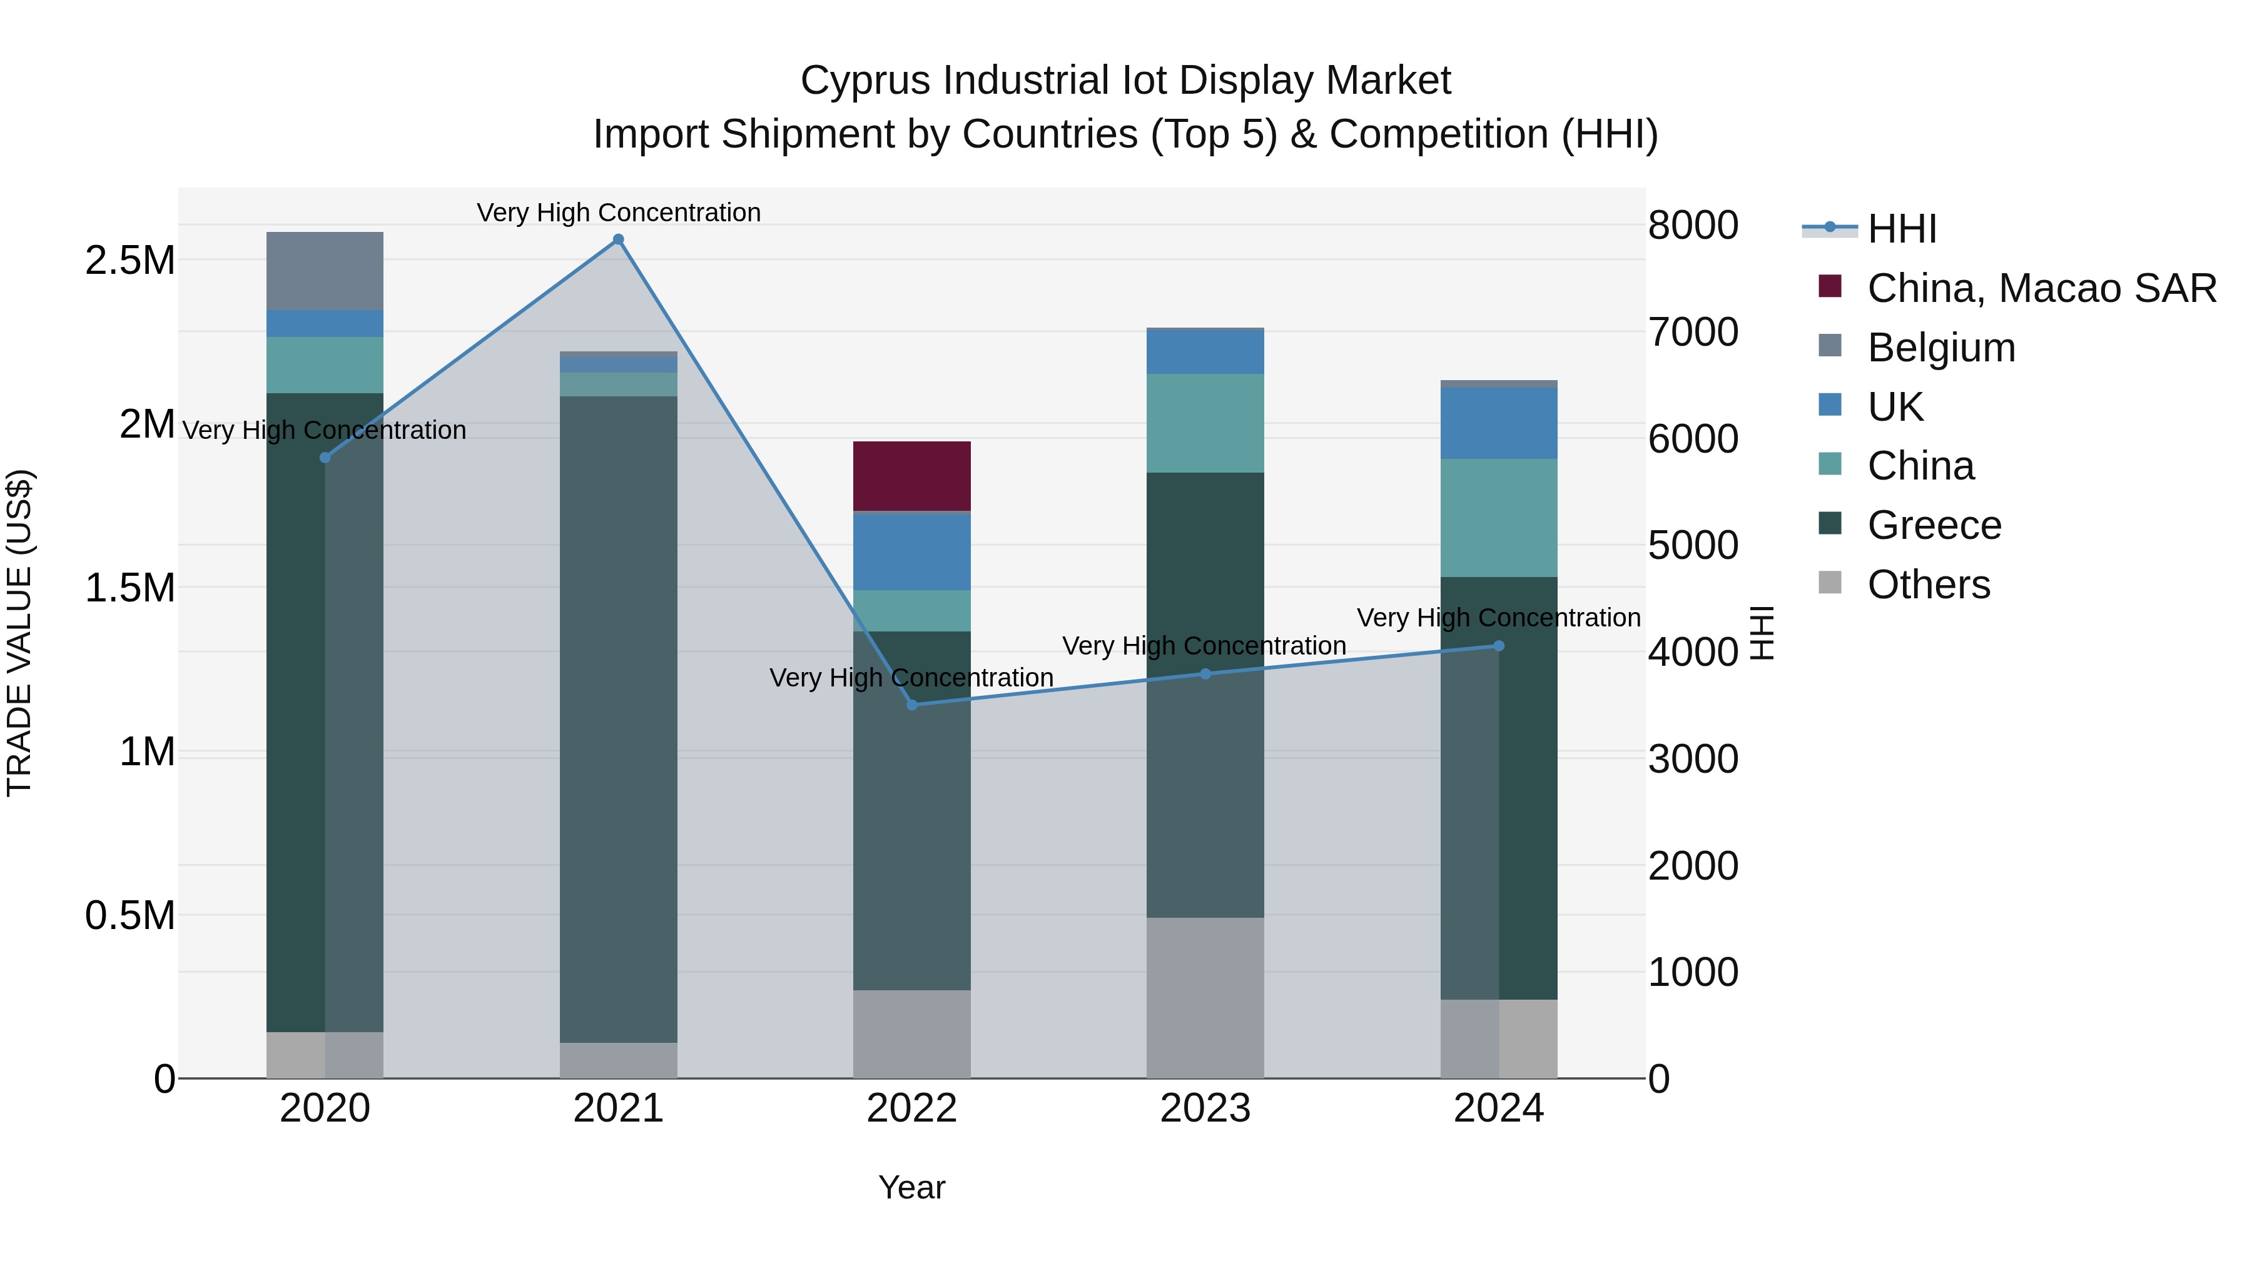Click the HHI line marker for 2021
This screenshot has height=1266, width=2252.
618,239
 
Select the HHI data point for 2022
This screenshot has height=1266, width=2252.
912,705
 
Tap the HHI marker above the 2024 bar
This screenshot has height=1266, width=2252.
1498,646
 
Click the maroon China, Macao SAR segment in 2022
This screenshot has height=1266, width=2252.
912,476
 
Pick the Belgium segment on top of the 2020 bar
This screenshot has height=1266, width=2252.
324,271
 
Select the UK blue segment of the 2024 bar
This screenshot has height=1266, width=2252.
1498,424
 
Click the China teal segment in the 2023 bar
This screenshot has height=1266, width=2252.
1205,424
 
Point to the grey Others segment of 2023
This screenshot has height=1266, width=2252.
1205,998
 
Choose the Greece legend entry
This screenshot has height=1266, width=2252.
1933,525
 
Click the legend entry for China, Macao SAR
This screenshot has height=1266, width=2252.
2041,288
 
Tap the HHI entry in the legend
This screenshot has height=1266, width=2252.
1902,229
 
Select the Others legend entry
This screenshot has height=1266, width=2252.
1928,585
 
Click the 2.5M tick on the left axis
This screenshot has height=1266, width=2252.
130,260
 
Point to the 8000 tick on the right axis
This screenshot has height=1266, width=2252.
1693,226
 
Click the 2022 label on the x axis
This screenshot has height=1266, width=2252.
912,1108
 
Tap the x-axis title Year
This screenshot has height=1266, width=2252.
912,1187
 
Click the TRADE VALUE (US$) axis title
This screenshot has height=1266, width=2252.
19,633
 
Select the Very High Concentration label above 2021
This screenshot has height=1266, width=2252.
618,213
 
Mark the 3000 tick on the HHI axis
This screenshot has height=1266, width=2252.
1693,758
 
